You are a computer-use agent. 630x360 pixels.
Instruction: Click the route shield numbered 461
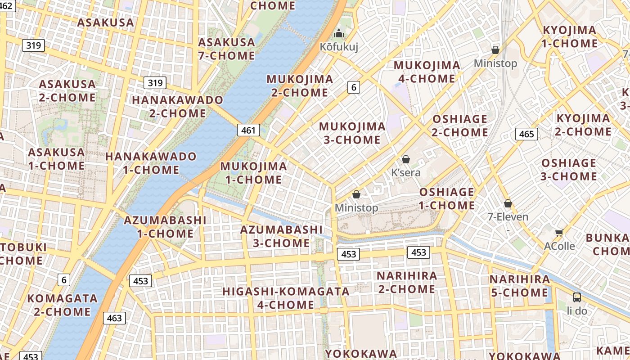pos(248,130)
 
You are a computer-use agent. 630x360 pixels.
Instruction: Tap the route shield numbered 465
pos(526,134)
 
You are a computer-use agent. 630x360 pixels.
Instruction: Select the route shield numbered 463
pos(114,318)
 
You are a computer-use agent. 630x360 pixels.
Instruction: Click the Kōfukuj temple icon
pos(339,34)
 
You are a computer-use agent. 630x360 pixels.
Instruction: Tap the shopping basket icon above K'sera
pos(406,159)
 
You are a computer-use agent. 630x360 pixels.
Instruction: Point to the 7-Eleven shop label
pos(508,216)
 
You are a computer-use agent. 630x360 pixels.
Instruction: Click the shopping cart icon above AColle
pos(559,233)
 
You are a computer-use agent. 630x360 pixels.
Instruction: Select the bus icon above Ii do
pos(576,297)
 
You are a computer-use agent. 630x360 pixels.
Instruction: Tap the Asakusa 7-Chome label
pos(227,49)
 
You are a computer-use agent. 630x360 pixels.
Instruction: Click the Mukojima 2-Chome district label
pos(300,86)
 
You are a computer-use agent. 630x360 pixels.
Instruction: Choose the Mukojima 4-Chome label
pos(427,72)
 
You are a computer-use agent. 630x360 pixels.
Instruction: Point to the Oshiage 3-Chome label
pos(568,170)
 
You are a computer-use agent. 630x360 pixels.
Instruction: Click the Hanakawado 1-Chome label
pos(151,163)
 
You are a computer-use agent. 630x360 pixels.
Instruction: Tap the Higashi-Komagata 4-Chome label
pos(286,298)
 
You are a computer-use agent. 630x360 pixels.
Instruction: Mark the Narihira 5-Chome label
pos(519,286)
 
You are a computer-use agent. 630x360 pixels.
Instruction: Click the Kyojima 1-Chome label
pos(569,37)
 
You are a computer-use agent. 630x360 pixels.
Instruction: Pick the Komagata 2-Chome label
pos(62,305)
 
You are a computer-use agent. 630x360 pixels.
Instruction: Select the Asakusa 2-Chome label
pos(67,91)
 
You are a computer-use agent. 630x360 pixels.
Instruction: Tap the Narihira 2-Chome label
pos(407,282)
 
